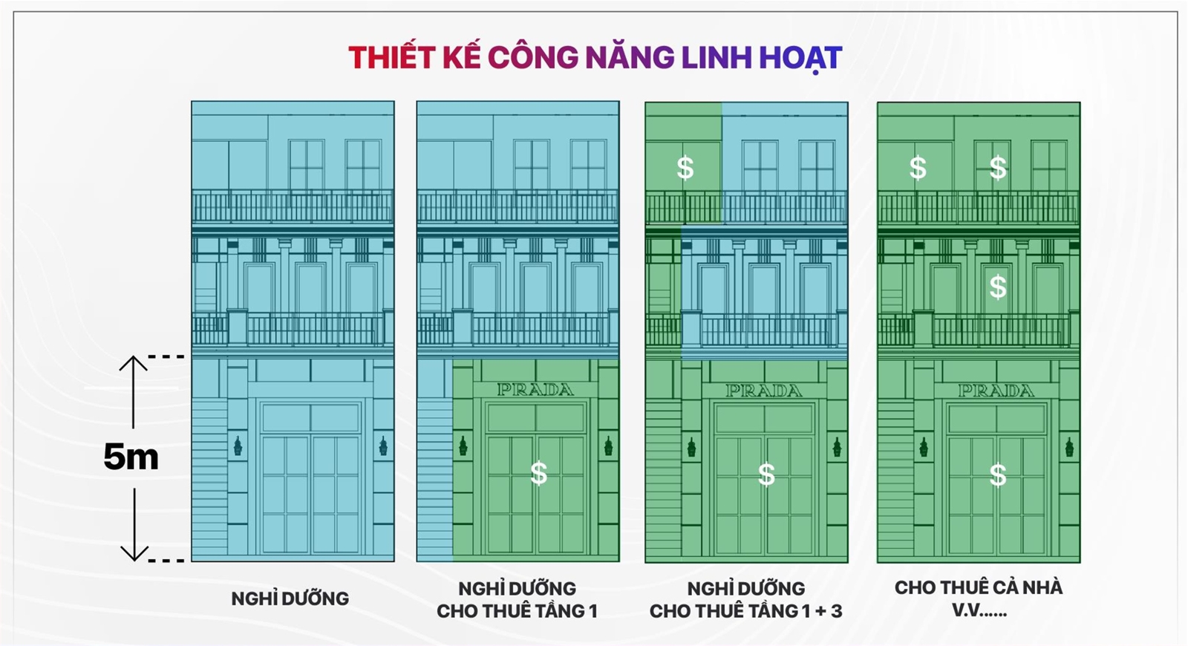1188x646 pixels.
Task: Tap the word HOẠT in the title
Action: click(x=800, y=58)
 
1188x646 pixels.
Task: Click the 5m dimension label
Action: click(x=131, y=457)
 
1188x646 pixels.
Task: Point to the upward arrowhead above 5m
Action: click(x=134, y=363)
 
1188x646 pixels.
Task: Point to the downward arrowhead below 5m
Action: click(x=134, y=553)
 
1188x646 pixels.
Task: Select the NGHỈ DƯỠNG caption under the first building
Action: click(x=290, y=598)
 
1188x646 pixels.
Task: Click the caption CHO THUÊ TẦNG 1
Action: click(x=517, y=611)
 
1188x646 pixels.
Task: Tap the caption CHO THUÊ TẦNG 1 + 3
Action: click(x=745, y=611)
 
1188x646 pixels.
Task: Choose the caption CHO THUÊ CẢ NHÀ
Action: click(x=978, y=587)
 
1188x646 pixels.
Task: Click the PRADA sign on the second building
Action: click(x=535, y=390)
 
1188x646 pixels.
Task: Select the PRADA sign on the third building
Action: click(x=764, y=391)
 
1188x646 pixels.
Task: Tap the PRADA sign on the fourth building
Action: click(x=996, y=391)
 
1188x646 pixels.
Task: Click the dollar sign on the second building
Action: click(x=538, y=473)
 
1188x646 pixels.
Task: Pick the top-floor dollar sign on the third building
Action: click(x=685, y=168)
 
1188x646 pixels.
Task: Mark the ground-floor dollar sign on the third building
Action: click(x=766, y=474)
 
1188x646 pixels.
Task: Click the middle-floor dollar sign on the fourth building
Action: click(x=998, y=287)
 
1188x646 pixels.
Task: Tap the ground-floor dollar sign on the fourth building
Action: click(x=998, y=474)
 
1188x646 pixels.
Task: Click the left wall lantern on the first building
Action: click(x=238, y=446)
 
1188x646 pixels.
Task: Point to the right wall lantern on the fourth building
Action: click(x=1069, y=447)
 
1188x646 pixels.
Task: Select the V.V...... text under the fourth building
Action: click(x=978, y=611)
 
